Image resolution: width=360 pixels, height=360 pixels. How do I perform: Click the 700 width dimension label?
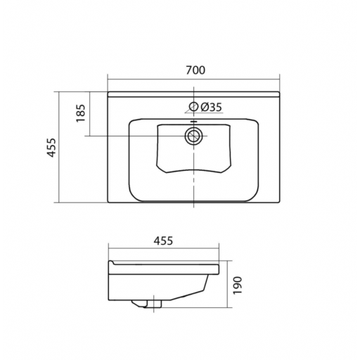pyautogui.click(x=195, y=70)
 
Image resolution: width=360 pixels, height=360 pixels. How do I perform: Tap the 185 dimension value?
pyautogui.click(x=81, y=113)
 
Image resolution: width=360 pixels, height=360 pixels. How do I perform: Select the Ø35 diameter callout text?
pyautogui.click(x=211, y=107)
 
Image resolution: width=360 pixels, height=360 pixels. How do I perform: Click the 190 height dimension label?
pyautogui.click(x=238, y=285)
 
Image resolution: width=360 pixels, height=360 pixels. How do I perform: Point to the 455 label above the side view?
pyautogui.click(x=163, y=240)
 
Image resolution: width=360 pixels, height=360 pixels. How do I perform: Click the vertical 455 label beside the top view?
pyautogui.click(x=51, y=148)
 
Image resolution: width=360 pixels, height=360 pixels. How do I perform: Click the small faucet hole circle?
pyautogui.click(x=193, y=107)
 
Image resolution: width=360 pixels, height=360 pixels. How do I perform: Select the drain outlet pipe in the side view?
pyautogui.click(x=155, y=304)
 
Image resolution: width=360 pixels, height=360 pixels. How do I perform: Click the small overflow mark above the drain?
pyautogui.click(x=193, y=122)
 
